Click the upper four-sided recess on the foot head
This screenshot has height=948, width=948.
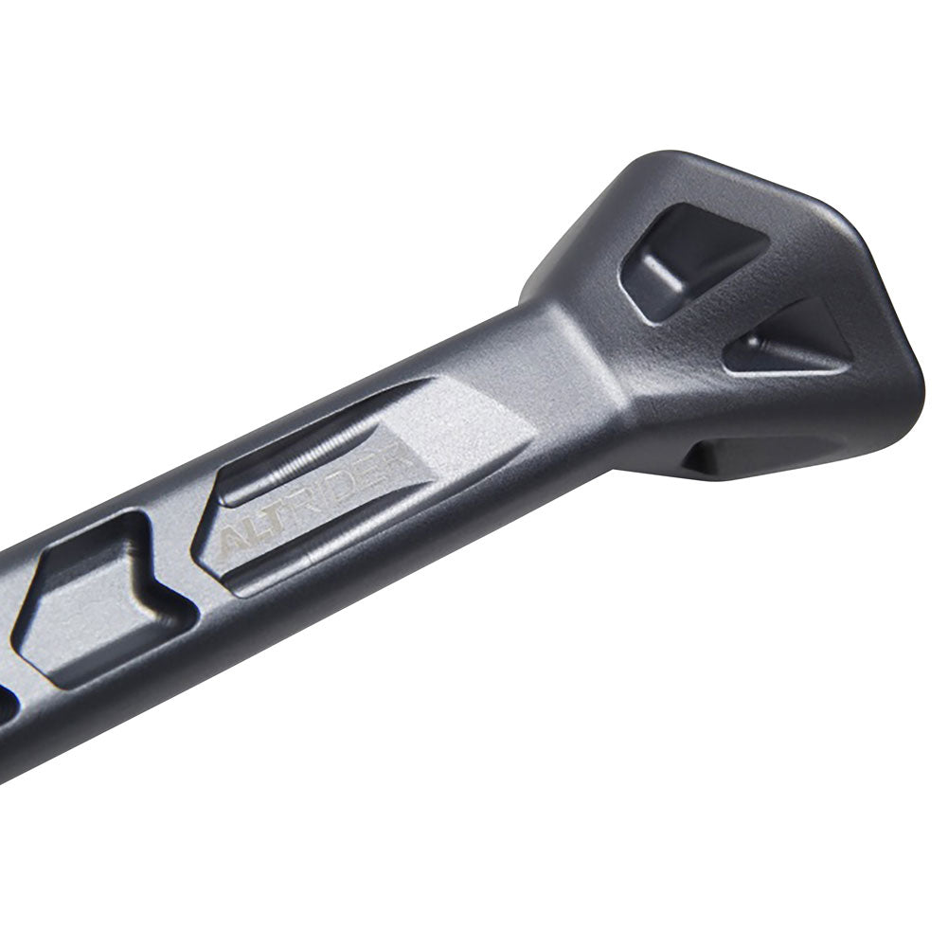689,247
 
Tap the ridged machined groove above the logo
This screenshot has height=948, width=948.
313,453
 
